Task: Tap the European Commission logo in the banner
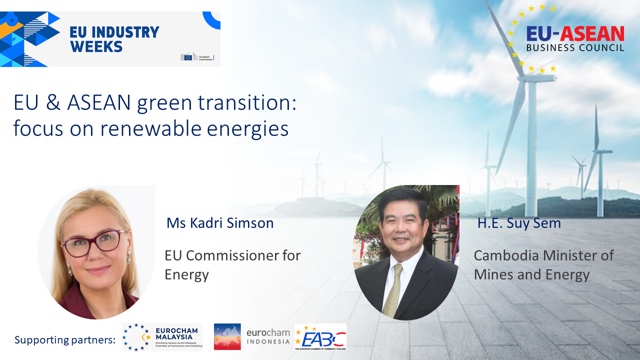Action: (197, 57)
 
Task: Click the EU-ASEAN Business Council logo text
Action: (575, 38)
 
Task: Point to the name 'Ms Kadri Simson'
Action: (220, 223)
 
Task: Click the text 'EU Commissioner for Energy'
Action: (232, 264)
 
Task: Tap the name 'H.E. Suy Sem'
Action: (519, 223)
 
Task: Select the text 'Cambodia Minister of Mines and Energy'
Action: (543, 264)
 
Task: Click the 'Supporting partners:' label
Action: (65, 340)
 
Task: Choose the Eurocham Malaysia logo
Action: (162, 337)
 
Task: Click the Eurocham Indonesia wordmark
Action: (268, 337)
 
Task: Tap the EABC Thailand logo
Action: (320, 337)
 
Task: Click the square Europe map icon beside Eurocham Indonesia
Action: (227, 336)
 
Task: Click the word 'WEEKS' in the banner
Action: (96, 46)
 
